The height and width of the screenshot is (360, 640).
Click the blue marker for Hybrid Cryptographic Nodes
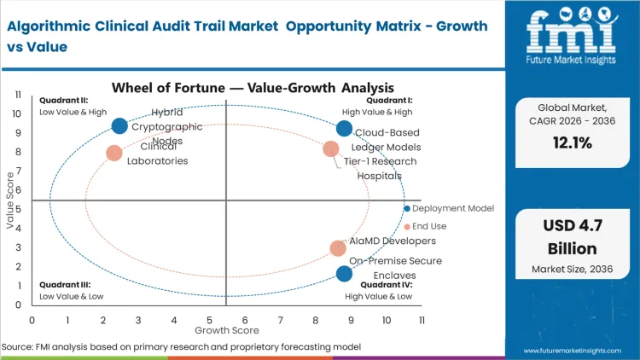click(119, 126)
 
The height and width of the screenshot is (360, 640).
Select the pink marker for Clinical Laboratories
click(114, 154)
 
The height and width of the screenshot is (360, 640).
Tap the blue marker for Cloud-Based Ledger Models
click(344, 129)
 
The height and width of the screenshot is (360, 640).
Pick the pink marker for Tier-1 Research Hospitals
click(331, 149)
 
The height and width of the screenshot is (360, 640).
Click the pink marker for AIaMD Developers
click(338, 248)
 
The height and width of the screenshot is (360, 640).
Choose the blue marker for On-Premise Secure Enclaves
click(344, 274)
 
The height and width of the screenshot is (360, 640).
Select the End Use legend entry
click(428, 227)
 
